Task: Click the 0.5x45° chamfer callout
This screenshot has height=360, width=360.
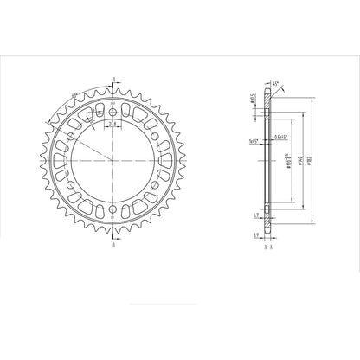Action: (280, 137)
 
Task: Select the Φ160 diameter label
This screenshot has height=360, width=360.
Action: (299, 161)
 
